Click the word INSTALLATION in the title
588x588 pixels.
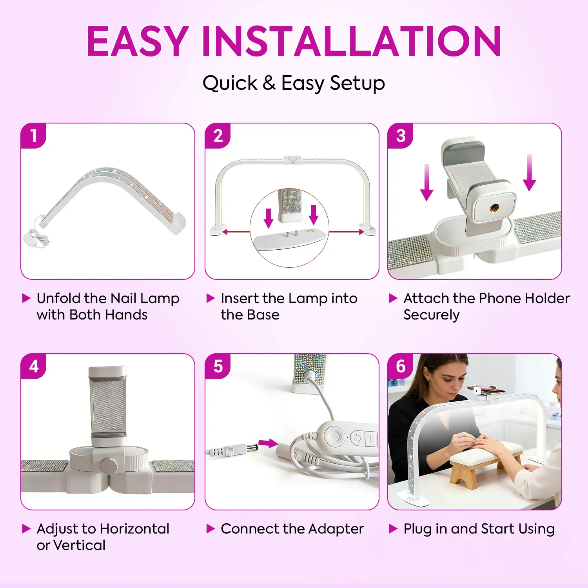tap(351, 41)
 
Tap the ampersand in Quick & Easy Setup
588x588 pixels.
tap(269, 83)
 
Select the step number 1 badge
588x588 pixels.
tap(34, 136)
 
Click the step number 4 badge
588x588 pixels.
tap(34, 367)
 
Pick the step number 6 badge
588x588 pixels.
tap(401, 367)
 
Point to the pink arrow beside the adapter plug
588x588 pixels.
tap(268, 443)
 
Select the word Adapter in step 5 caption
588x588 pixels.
tap(336, 529)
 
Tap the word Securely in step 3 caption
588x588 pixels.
tap(432, 315)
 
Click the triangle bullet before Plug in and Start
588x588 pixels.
tap(393, 529)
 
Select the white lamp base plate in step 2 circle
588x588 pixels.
tap(290, 240)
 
